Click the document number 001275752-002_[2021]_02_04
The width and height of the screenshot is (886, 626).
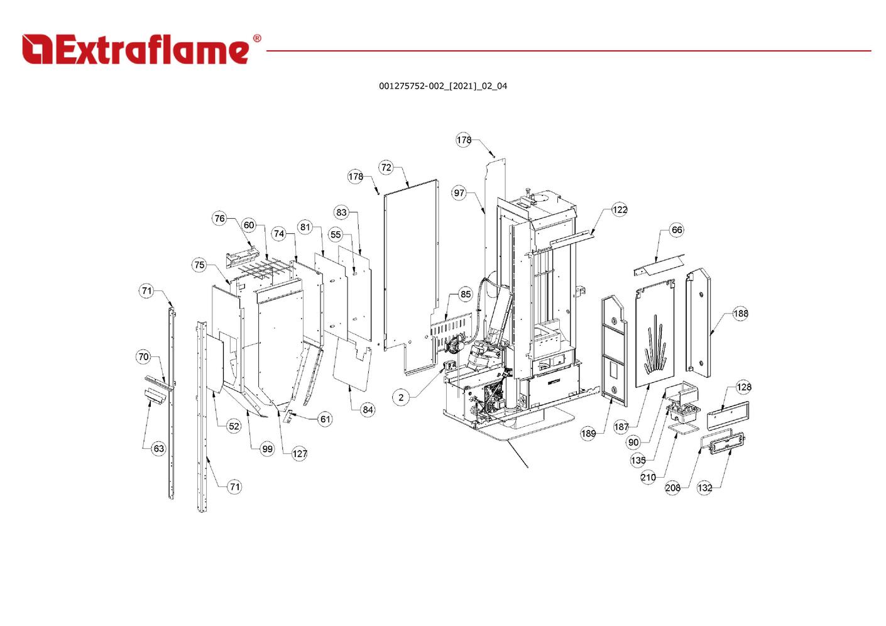(442, 86)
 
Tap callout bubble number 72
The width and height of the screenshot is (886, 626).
(386, 167)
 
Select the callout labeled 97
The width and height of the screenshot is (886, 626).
(459, 193)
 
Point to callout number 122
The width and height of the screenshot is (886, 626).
(620, 210)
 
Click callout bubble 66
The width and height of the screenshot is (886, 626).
(676, 230)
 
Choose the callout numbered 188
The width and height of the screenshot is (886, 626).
(740, 314)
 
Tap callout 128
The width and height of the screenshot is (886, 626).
(743, 387)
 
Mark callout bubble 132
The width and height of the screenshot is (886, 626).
(705, 488)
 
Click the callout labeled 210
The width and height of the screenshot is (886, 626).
(648, 478)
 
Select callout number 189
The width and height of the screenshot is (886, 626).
(588, 434)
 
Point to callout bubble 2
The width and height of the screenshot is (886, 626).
(401, 397)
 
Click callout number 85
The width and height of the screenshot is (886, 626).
(465, 294)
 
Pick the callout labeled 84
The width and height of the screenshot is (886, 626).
(368, 410)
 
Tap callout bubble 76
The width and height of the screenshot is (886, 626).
(219, 219)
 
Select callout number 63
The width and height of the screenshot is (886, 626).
(158, 448)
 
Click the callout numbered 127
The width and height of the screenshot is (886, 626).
(300, 454)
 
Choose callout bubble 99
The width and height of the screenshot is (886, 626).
(268, 449)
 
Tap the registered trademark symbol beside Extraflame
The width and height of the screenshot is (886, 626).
(256, 39)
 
